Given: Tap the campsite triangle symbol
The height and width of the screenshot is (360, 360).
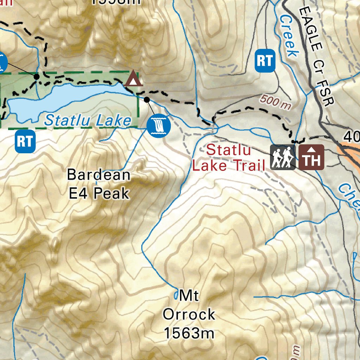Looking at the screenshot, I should pos(133,79).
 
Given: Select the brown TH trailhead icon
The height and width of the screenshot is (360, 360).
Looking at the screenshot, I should pos(311,157).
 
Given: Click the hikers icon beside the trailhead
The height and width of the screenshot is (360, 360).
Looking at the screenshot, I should pos(283,157).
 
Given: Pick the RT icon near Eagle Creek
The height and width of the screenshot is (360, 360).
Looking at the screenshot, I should pos(264,61).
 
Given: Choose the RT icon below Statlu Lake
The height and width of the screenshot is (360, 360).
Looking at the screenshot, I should pos(25,141).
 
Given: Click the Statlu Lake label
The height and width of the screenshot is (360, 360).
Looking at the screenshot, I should pos(88,121).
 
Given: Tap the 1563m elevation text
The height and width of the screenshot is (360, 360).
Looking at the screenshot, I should pos(189,333).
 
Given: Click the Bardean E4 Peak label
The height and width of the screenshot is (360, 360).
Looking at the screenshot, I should pos(99,184).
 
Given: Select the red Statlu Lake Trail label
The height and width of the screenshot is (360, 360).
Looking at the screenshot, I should pos(229,157).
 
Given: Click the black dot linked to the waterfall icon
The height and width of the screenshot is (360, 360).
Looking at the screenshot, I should pos(147,100).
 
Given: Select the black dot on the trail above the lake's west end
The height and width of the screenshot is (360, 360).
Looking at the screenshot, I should pos(36,76).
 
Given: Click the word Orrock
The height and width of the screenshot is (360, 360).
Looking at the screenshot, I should pos(189,314).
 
